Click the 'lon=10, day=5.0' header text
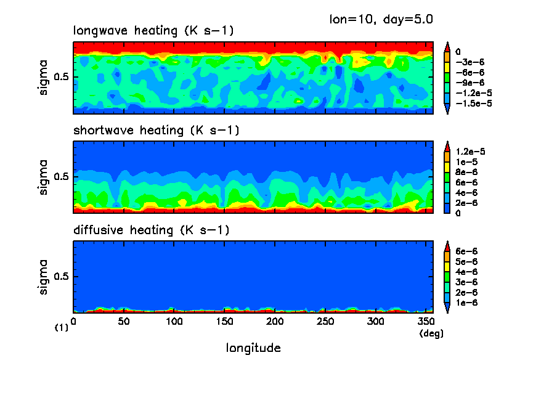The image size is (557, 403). click(381, 19)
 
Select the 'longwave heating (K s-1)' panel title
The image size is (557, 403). click(153, 31)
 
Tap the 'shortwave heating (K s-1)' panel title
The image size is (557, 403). click(156, 131)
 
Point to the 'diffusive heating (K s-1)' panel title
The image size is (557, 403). click(151, 230)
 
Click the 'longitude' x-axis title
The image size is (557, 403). click(253, 348)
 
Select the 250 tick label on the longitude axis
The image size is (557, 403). click(325, 322)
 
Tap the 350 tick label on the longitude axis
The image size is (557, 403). click(426, 322)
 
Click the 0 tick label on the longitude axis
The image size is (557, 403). click(74, 322)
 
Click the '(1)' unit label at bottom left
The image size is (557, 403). click(62, 328)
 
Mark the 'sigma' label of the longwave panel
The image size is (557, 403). click(44, 78)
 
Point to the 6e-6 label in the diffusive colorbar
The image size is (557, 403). click(466, 251)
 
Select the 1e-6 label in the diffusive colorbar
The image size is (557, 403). click(466, 303)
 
